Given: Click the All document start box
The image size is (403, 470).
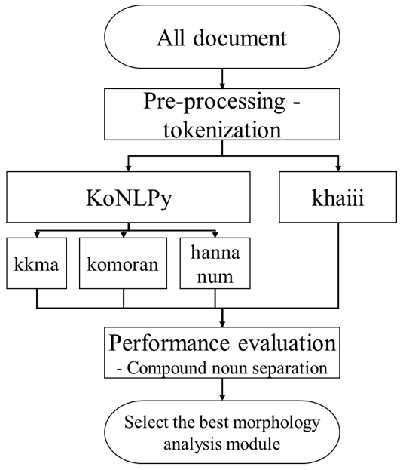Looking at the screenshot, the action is point(222,36).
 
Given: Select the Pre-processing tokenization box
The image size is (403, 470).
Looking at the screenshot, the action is point(222,114).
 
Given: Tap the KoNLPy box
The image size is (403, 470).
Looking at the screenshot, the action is point(128,197).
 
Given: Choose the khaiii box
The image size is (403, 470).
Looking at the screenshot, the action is point(337,197).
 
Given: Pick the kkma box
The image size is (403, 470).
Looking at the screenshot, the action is point(36,263).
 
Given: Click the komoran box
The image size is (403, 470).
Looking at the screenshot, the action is point(123,263).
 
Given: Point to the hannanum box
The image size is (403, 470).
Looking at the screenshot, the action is point(215,263).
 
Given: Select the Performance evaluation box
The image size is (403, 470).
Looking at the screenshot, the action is point(222,352).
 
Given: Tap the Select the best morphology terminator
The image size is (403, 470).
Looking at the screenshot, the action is point(222,432).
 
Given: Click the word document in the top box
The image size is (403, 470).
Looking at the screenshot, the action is point(240,38).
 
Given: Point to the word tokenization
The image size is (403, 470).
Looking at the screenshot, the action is point(222,130).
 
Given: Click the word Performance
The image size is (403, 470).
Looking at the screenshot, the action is point(169,343).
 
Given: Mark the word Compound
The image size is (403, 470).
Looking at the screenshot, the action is point(166,368).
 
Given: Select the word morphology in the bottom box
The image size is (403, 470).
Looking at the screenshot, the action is point(276,423).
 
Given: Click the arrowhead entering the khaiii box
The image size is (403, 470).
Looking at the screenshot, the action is point(338,168).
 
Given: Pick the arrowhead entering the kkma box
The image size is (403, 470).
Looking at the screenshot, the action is point(37,235).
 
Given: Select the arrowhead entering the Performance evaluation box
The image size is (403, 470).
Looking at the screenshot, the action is point(222,324).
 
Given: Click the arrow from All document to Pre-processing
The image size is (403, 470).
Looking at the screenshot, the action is point(222,78).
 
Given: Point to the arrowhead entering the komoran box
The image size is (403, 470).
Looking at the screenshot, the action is point(124,235).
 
